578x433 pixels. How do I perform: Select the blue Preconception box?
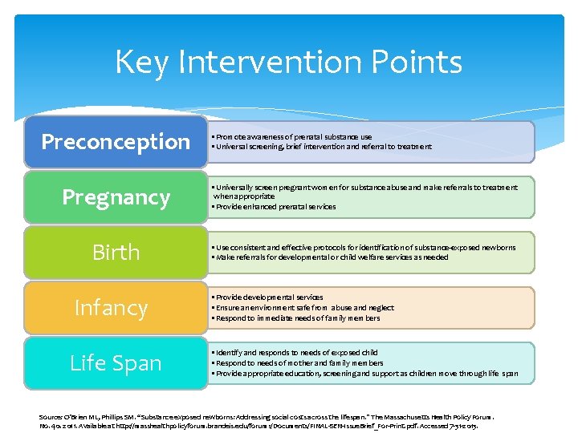tap(116, 142)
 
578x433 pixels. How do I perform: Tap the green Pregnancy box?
tap(116, 197)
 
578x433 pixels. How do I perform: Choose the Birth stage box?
tap(116, 253)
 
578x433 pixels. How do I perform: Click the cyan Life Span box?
tap(116, 363)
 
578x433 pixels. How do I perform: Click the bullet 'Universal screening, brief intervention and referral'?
tap(321, 147)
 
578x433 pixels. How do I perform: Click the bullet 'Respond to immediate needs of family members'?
tap(296, 318)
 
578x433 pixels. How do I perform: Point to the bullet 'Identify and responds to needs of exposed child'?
tap(294, 353)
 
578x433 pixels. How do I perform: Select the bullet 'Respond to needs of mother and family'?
tap(287, 363)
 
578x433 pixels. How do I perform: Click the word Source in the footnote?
tap(50, 418)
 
